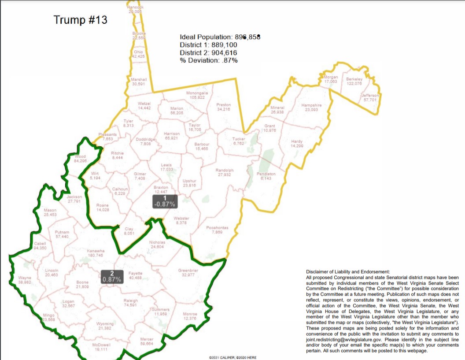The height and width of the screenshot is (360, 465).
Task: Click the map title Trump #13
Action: click(80, 20)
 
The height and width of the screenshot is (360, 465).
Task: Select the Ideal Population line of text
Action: click(220, 37)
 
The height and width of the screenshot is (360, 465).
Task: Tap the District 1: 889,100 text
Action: click(208, 45)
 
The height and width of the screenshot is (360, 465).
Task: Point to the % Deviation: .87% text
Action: click(208, 60)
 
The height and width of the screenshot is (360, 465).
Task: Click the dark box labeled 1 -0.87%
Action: click(165, 201)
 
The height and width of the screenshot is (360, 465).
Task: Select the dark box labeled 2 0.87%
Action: click(111, 277)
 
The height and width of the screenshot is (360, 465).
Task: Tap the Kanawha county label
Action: click(95, 253)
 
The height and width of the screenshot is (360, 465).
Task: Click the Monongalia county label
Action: click(197, 95)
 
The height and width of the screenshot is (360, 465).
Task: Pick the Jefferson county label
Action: click(370, 97)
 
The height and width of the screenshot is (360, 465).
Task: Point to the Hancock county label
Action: click(136, 9)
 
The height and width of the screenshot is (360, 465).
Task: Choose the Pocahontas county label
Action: click(217, 230)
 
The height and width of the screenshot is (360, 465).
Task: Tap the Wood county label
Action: click(80, 158)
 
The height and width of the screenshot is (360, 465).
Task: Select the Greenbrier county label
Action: click(188, 272)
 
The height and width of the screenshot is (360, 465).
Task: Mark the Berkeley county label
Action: click(354, 81)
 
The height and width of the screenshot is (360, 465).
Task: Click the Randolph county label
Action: click(225, 172)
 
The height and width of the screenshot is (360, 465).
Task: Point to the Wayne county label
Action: click(25, 280)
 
